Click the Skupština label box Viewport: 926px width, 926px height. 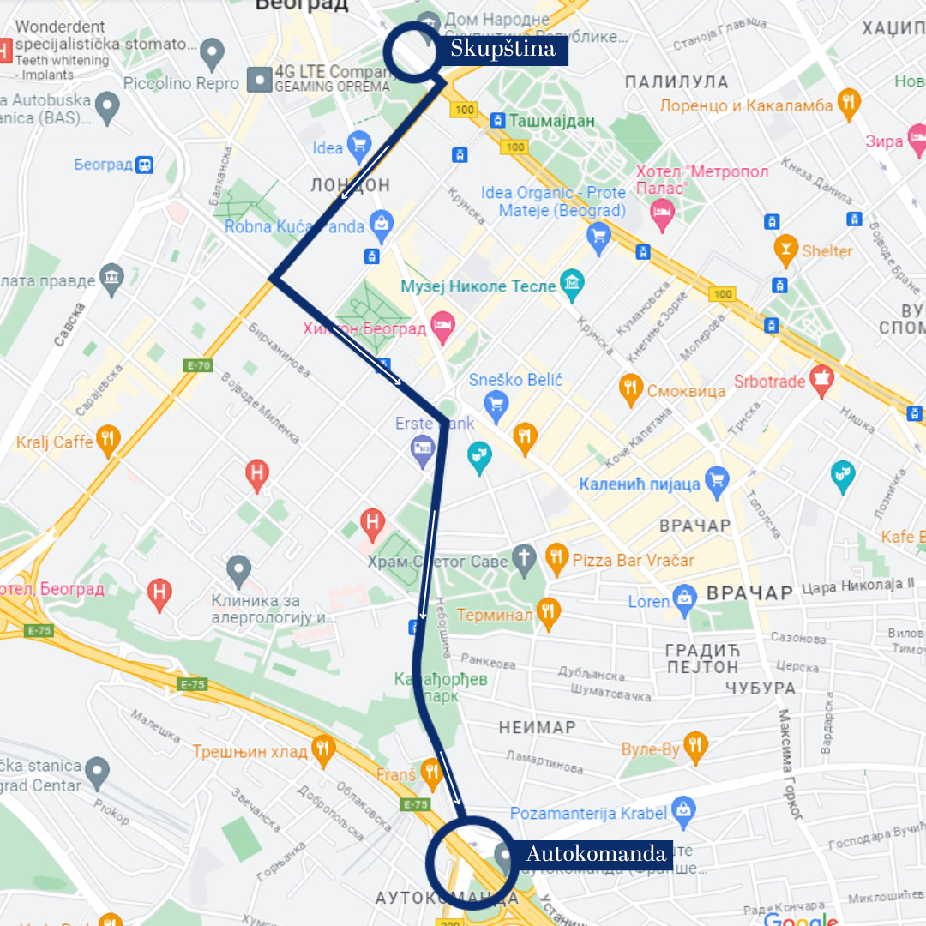click(x=502, y=50)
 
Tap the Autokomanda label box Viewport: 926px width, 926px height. click(x=595, y=854)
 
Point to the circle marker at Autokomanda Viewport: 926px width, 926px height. click(x=469, y=860)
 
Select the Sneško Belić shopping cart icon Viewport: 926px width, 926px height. click(x=496, y=401)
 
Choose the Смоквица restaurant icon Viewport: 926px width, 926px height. click(x=631, y=390)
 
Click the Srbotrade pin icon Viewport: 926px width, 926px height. click(x=821, y=380)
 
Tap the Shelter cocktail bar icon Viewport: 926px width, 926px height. click(x=785, y=250)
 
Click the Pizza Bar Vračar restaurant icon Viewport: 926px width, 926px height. click(x=557, y=560)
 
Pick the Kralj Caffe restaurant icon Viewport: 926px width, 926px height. click(x=108, y=442)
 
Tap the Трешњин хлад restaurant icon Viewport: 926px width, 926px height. click(x=322, y=750)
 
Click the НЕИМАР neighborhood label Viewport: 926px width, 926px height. click(x=538, y=727)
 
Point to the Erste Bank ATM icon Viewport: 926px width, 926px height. click(x=423, y=448)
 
